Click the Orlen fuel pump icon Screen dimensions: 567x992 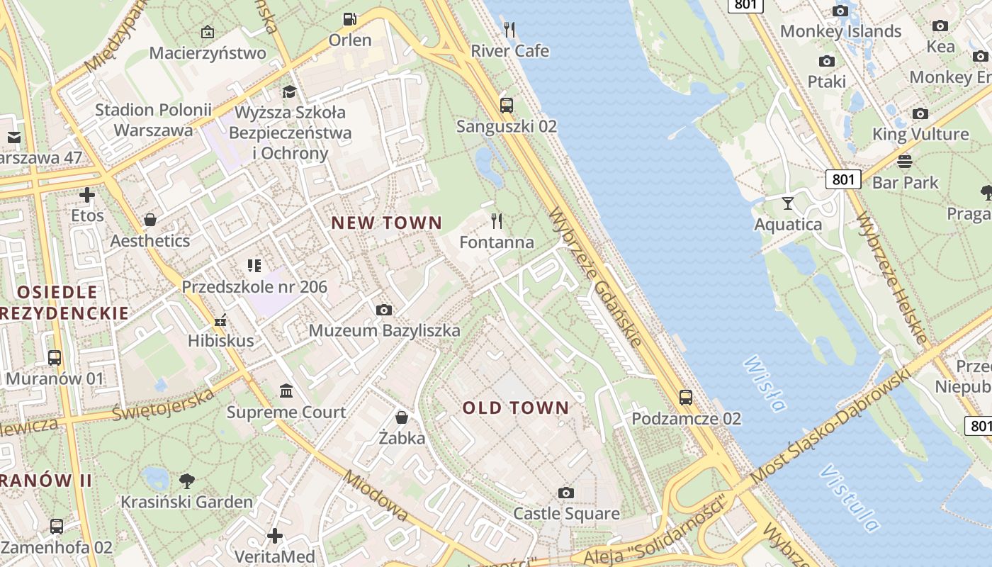(x=349, y=19)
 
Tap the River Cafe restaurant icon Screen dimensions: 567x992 (x=509, y=29)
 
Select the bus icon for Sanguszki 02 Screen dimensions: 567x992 (x=506, y=106)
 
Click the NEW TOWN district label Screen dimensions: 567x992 (x=387, y=223)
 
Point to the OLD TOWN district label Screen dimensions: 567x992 (x=516, y=408)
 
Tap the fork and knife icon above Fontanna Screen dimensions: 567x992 (x=497, y=221)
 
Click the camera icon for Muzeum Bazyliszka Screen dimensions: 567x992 (x=384, y=310)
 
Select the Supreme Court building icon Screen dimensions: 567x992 (x=286, y=391)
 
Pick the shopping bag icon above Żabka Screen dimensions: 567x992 (x=402, y=417)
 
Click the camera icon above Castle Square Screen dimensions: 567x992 (x=565, y=493)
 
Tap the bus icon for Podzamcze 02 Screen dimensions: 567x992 (x=685, y=397)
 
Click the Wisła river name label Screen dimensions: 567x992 (x=765, y=383)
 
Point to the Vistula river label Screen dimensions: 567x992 (x=850, y=498)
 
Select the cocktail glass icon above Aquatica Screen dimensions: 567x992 (x=788, y=203)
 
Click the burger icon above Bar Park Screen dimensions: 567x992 (x=905, y=162)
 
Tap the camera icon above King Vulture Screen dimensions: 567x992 (x=920, y=113)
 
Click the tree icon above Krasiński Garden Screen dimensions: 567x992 (x=187, y=481)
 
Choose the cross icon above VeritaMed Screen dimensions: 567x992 (x=275, y=536)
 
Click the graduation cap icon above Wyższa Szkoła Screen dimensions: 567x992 (x=289, y=91)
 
